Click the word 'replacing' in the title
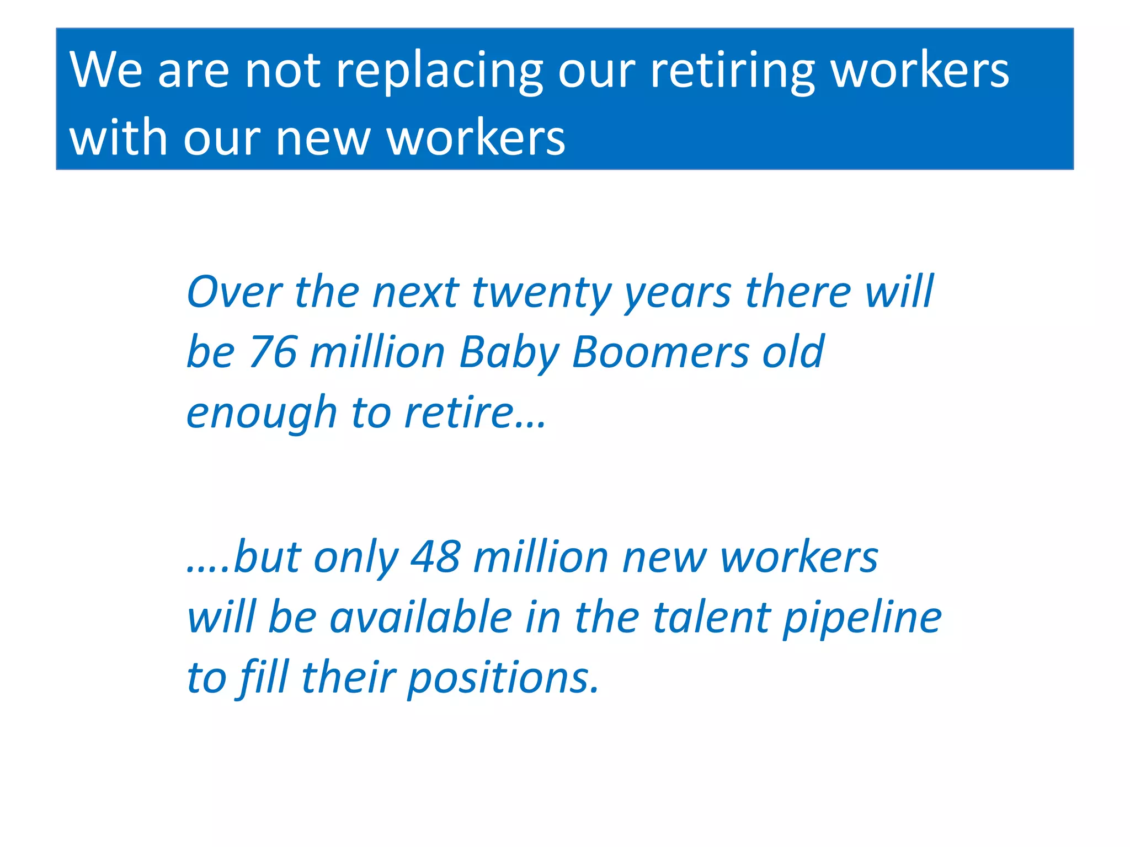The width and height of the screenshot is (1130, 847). click(x=439, y=72)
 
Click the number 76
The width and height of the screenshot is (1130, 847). click(x=273, y=352)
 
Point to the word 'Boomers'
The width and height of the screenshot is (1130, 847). click(x=660, y=352)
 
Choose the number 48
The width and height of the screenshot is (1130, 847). click(x=435, y=557)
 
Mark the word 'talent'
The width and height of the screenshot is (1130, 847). click(x=711, y=618)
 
